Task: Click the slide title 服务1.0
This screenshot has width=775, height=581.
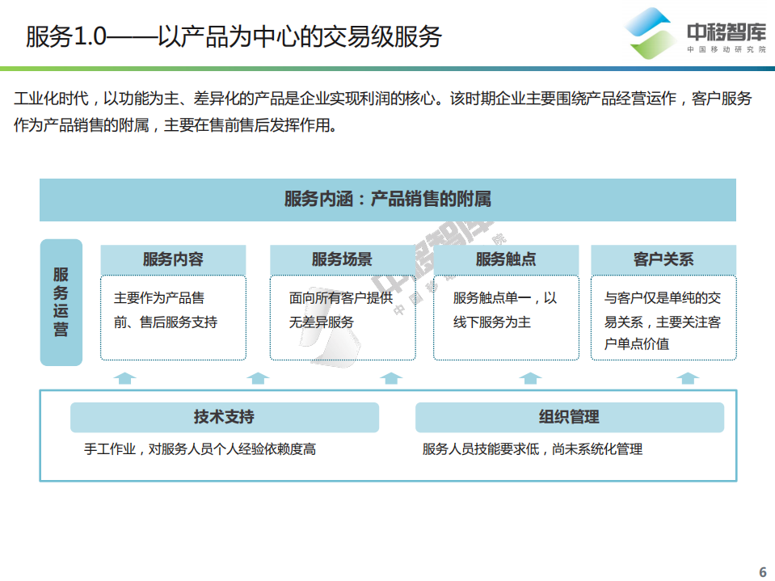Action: [234, 36]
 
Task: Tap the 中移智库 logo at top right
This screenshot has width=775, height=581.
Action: [696, 34]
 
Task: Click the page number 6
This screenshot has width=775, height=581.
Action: [762, 571]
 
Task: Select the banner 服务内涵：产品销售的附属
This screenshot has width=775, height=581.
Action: [388, 200]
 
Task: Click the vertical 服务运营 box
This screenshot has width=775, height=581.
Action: [61, 302]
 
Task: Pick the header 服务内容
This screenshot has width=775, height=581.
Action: [173, 259]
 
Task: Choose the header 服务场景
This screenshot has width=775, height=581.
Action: [342, 259]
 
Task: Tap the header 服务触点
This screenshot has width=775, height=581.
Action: [506, 259]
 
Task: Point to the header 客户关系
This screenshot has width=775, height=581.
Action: [663, 259]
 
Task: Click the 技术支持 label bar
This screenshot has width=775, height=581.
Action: [224, 417]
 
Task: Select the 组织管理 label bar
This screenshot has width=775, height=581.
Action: [569, 417]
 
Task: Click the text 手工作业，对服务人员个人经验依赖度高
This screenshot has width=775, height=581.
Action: [200, 449]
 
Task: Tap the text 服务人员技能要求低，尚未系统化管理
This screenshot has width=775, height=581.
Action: [533, 449]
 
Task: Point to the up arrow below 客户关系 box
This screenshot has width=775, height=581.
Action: [689, 377]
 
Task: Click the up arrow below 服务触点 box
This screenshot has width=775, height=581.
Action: [530, 377]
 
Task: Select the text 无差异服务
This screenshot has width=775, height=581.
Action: [322, 322]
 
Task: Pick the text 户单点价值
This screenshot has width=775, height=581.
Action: [637, 343]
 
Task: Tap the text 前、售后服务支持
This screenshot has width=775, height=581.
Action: [166, 322]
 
